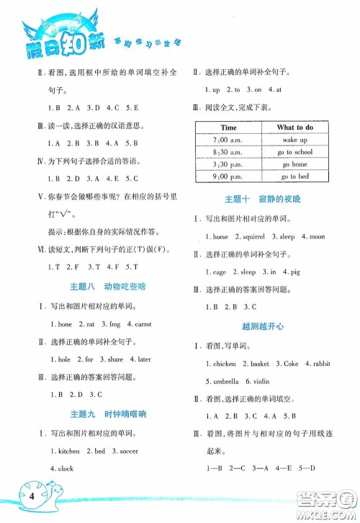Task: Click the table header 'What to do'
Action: pos(294,128)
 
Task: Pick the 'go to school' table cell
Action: pos(294,152)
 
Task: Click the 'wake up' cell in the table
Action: pos(294,140)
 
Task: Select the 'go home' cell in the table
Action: pos(294,164)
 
